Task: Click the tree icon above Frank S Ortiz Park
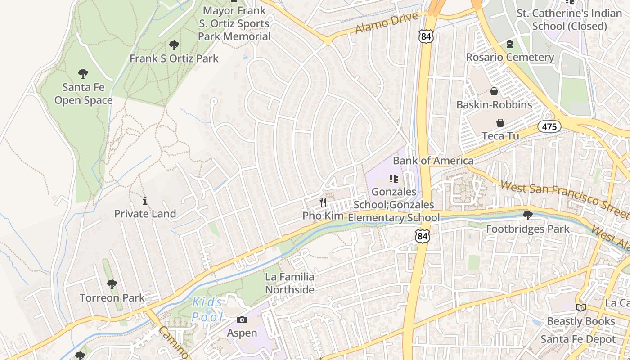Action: pyautogui.click(x=174, y=45)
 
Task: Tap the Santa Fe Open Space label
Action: pyautogui.click(x=83, y=94)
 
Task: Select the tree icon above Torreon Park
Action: pyautogui.click(x=112, y=284)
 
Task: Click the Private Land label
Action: pyautogui.click(x=145, y=214)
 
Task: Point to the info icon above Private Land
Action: pyautogui.click(x=145, y=201)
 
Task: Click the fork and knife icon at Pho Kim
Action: pyautogui.click(x=323, y=202)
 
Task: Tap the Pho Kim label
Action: pyautogui.click(x=323, y=216)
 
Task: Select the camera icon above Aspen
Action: pyautogui.click(x=242, y=320)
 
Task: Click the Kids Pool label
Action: pyautogui.click(x=207, y=310)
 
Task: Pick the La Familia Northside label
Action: pyautogui.click(x=290, y=283)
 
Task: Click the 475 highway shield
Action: pyautogui.click(x=549, y=127)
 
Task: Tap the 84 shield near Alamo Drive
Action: pyautogui.click(x=425, y=37)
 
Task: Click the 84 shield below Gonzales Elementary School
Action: pyautogui.click(x=422, y=236)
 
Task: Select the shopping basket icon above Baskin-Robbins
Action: pyautogui.click(x=494, y=92)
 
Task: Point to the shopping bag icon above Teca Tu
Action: pyautogui.click(x=500, y=123)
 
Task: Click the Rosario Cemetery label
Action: pyautogui.click(x=510, y=57)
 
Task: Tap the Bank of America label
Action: pyautogui.click(x=433, y=161)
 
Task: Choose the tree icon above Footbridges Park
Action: pyautogui.click(x=528, y=216)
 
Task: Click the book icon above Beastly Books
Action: pyautogui.click(x=581, y=307)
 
